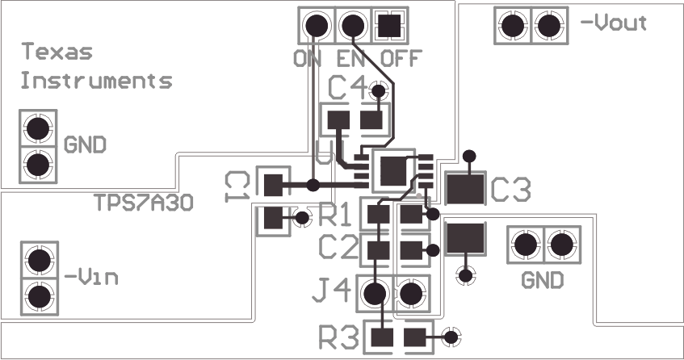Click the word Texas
pyautogui.click(x=57, y=53)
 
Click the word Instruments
pyautogui.click(x=95, y=81)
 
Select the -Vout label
pyautogui.click(x=614, y=23)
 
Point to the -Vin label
pyautogui.click(x=93, y=278)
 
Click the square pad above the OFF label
pyautogui.click(x=389, y=26)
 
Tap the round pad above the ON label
pyautogui.click(x=317, y=26)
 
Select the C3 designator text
pyautogui.click(x=510, y=190)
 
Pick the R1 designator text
pyautogui.click(x=337, y=215)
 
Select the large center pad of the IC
pyautogui.click(x=392, y=170)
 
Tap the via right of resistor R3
pyautogui.click(x=451, y=337)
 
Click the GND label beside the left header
pyautogui.click(x=85, y=146)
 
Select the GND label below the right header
pyautogui.click(x=542, y=282)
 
